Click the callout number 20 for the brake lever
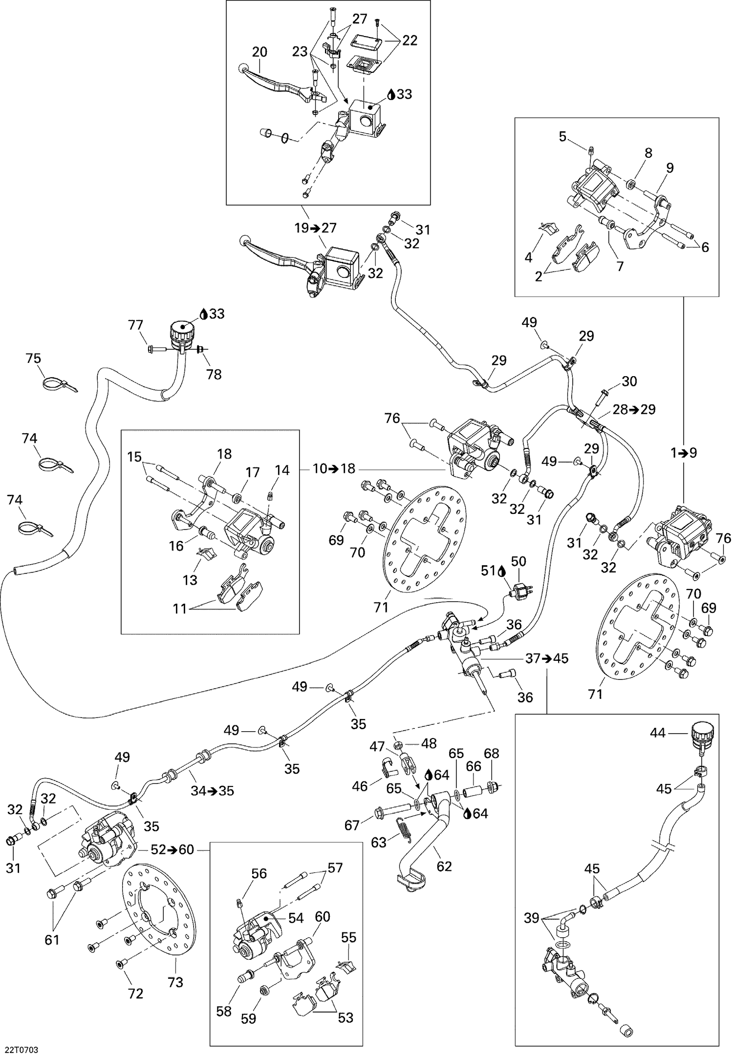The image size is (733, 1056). coord(259,52)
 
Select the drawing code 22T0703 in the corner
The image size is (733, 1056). coord(22,1046)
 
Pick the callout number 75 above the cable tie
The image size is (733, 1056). coord(33,359)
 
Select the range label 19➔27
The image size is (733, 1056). coord(316,228)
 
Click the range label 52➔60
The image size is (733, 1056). coord(172,849)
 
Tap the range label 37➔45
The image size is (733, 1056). coord(547,658)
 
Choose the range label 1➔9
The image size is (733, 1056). coord(683,453)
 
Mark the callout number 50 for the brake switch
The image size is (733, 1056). coord(518,561)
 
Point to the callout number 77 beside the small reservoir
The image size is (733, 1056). coord(135,325)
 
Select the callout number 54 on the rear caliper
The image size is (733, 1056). coord(296,918)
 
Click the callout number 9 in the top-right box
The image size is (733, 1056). coord(669,168)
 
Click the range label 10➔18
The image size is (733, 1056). coord(335,469)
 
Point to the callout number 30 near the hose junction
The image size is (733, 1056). coord(629,381)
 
